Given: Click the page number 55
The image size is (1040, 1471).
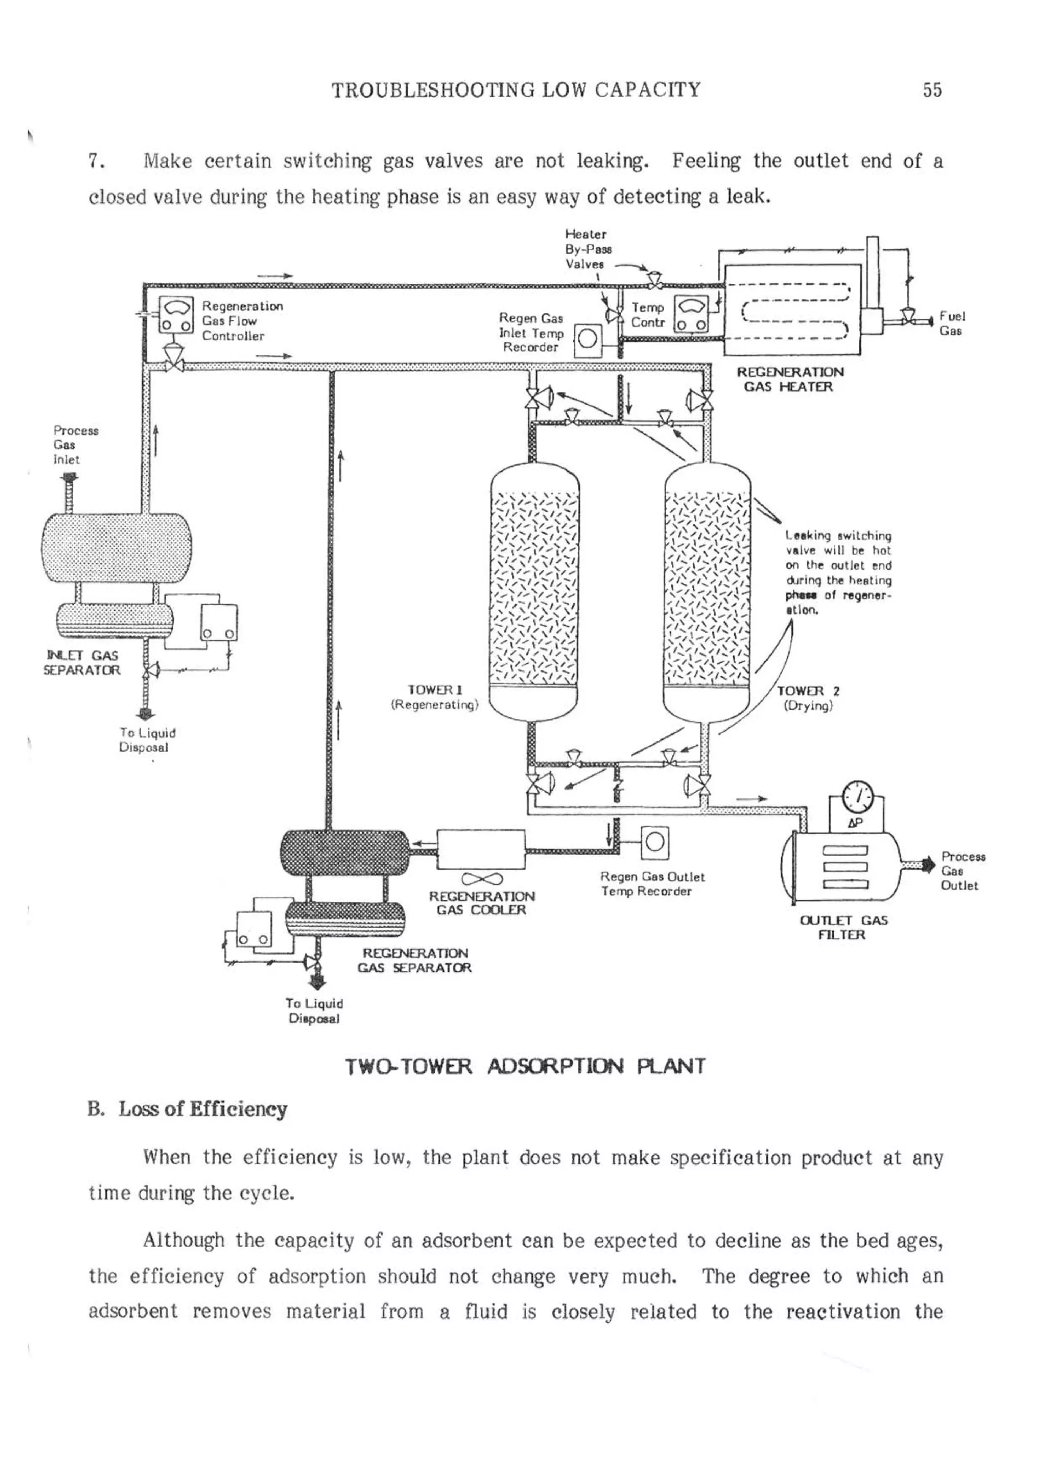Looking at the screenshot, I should coord(932,90).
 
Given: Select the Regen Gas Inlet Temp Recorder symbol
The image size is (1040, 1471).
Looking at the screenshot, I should coord(588,340).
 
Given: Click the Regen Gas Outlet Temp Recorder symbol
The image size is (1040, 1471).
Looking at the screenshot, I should coord(654,842).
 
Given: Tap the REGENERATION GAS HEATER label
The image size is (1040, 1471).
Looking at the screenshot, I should coord(790,379).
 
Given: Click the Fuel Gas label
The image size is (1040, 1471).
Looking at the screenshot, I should coord(952,323).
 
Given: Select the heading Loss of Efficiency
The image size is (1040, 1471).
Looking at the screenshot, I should coord(203,1109).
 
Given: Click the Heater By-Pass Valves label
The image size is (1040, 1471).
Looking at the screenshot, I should coord(587,249).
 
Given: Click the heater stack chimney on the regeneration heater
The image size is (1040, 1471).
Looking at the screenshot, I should coord(871,276).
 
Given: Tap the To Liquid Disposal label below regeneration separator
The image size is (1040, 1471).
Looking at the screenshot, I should coord(314,1011).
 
